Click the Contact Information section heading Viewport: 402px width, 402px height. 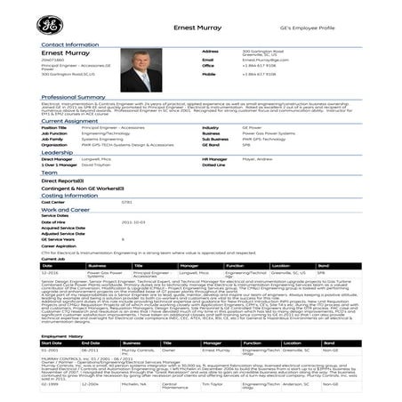pos(63,44)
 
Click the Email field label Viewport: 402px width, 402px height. pos(207,60)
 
